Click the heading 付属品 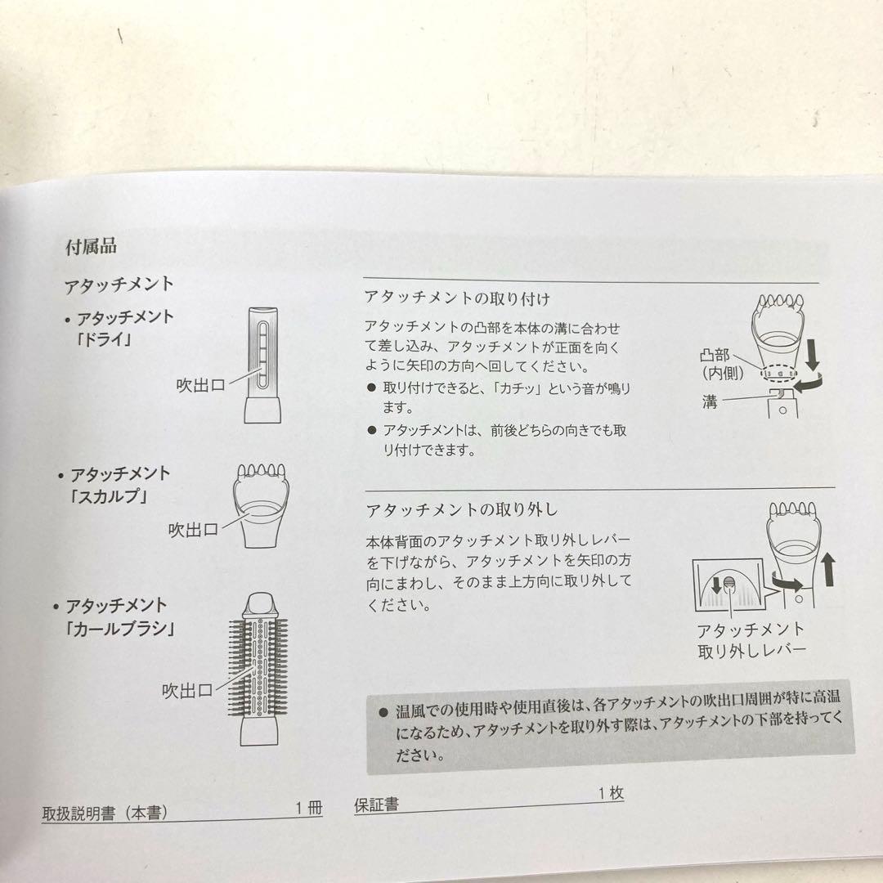[92, 247]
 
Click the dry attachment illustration [263, 365]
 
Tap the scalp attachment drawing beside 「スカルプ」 [261, 505]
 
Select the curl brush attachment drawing [258, 669]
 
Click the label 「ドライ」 [104, 339]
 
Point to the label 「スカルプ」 [109, 496]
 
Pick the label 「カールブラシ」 [120, 629]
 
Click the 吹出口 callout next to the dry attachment [201, 385]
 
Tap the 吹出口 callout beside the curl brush [187, 690]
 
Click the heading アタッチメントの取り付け [457, 298]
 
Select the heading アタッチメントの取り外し [461, 509]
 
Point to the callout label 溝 [710, 401]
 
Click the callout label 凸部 [715, 355]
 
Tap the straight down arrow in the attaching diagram [812, 354]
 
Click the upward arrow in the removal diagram [827, 570]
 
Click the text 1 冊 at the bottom [309, 808]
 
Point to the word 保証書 [377, 805]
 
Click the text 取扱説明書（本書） [105, 813]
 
